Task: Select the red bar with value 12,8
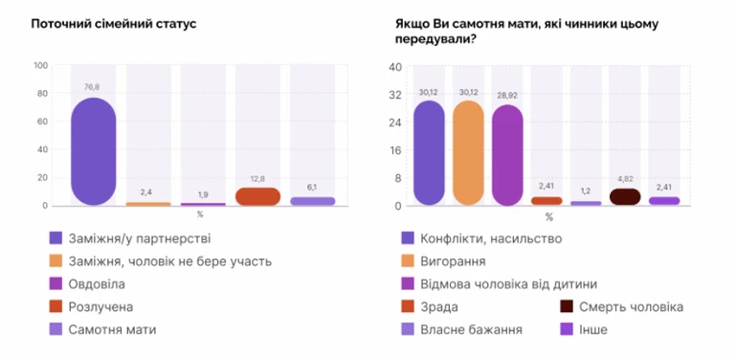point(257,196)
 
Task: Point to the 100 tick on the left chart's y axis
point(40,66)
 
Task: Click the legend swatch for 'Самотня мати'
point(55,329)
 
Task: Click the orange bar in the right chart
point(468,153)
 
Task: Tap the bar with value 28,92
point(507,155)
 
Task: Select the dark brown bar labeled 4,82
point(624,197)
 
